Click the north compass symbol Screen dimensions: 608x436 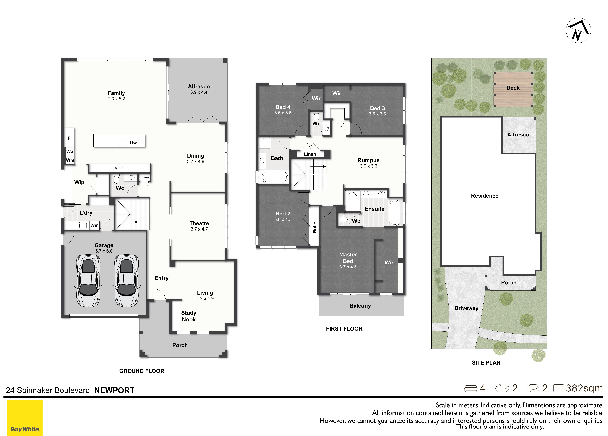point(578,30)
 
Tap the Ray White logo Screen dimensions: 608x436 point(25,418)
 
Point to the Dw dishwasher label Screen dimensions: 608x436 point(133,143)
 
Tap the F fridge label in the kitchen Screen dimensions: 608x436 point(69,138)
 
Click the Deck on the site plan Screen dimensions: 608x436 point(513,89)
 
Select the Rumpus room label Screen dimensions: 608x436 point(369,160)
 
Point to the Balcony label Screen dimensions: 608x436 point(360,306)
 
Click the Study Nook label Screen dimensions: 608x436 point(189,316)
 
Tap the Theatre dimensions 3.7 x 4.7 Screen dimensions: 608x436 point(199,229)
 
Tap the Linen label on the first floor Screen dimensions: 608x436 point(310,154)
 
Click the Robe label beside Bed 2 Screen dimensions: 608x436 point(315,228)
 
